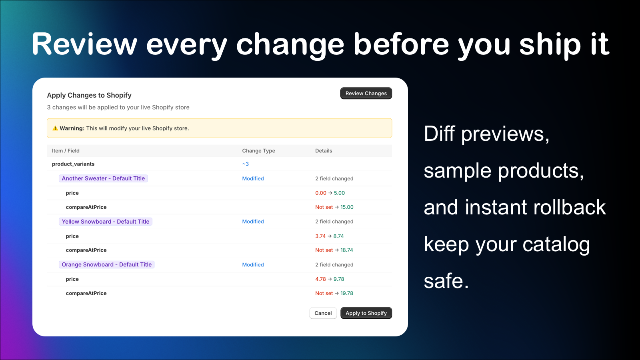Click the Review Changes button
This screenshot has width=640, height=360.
coord(366,93)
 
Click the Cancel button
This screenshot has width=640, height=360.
coord(323,313)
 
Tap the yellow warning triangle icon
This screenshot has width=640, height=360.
coord(55,128)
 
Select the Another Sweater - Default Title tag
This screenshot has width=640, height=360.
coord(103,178)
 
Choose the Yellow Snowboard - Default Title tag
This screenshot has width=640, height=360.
coord(106,222)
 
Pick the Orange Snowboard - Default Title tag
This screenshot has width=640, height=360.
coord(107,265)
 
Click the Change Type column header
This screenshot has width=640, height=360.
coord(258,151)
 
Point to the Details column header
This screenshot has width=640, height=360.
coord(324,151)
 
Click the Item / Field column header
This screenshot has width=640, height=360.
coord(66,151)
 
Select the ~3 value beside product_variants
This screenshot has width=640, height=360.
coord(246,164)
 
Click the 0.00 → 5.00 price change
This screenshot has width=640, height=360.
coord(330,193)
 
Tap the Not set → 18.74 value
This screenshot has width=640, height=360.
coord(334,250)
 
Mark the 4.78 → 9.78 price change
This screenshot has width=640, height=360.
coord(330,279)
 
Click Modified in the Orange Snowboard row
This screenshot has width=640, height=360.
coord(253,265)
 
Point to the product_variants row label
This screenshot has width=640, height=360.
coord(73,164)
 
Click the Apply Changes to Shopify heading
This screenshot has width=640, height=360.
coord(89,95)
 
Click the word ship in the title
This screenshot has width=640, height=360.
coord(550,45)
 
